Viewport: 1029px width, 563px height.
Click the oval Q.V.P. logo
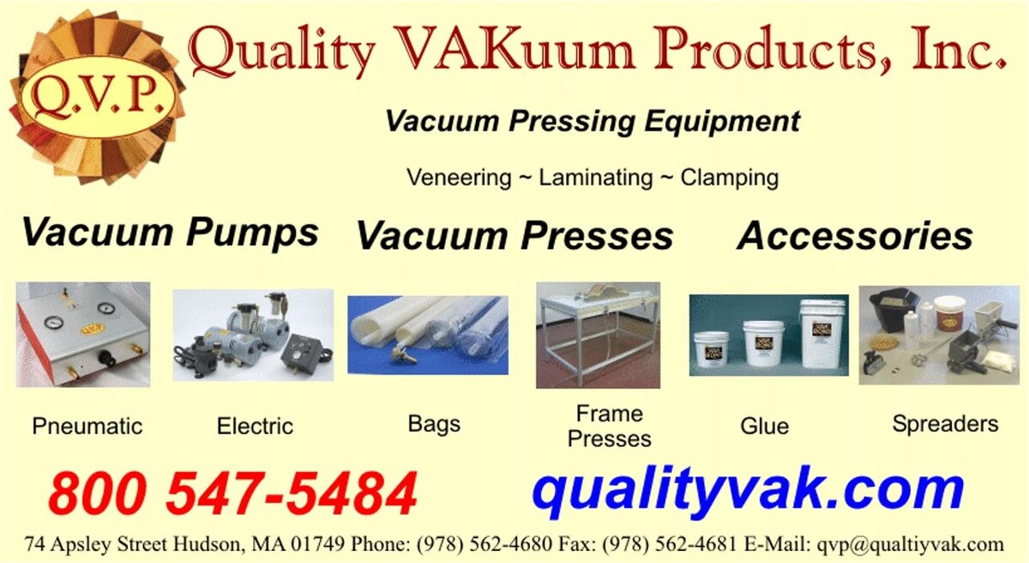tap(98, 97)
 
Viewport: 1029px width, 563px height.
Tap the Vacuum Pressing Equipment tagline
tap(593, 122)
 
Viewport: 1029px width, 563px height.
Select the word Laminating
tap(595, 178)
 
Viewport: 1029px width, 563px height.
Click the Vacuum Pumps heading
tap(170, 233)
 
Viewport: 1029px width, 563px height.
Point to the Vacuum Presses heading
tap(514, 235)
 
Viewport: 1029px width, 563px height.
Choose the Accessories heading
tap(855, 235)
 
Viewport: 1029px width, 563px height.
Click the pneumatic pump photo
tap(83, 335)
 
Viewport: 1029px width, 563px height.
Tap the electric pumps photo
tap(253, 335)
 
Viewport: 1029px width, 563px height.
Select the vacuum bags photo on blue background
tap(428, 335)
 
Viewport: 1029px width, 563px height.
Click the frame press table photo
tap(599, 335)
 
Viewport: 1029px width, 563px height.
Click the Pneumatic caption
tap(87, 426)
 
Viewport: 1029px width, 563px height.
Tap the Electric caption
tap(255, 426)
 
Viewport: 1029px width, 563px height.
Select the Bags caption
tap(434, 425)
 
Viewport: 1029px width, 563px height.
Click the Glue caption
tap(764, 426)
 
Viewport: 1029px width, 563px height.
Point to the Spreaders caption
tap(945, 424)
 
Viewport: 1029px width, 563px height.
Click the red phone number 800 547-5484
tap(233, 493)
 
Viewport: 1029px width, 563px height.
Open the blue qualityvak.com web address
tap(748, 491)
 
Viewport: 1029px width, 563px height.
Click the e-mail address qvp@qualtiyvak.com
tap(910, 545)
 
